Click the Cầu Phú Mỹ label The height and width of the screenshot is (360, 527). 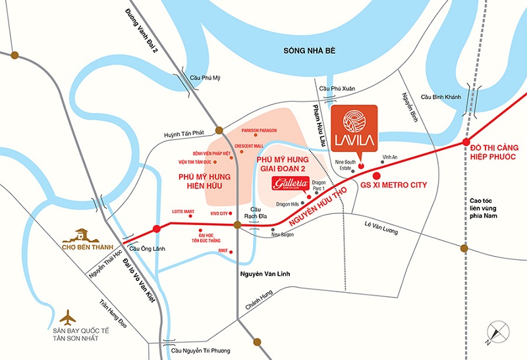click(x=202, y=78)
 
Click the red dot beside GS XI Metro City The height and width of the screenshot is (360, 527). click(x=376, y=176)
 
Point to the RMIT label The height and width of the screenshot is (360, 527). click(x=223, y=250)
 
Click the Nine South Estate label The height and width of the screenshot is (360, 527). click(x=346, y=164)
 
